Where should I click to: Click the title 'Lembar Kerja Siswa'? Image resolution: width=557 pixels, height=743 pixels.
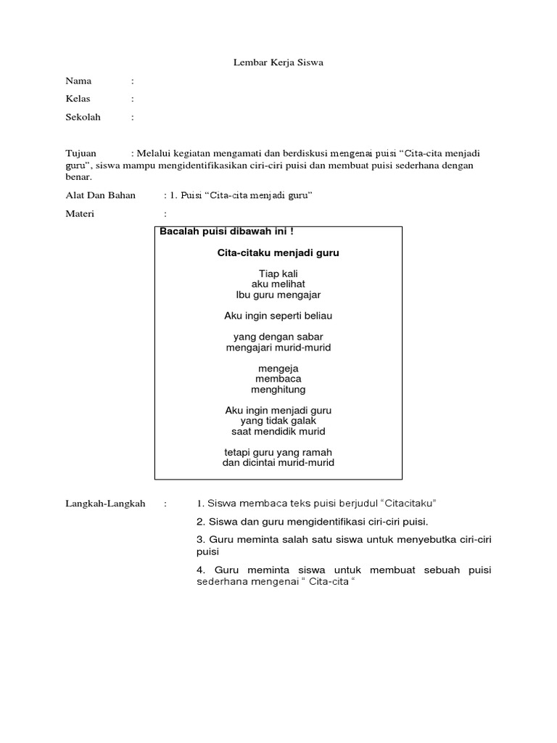coord(278,62)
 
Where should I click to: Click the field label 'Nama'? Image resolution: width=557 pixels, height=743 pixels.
coord(78,81)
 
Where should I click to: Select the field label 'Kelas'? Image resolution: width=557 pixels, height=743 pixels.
coord(78,99)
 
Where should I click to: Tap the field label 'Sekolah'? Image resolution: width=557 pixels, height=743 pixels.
coord(83,117)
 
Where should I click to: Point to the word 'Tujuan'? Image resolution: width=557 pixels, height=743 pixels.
coord(81,153)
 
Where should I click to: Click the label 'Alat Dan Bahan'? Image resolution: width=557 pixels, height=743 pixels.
coord(101,195)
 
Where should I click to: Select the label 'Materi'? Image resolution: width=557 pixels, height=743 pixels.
coord(81,214)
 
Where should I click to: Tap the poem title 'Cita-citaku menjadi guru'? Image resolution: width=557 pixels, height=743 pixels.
coord(278,253)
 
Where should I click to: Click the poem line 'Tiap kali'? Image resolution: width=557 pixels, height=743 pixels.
coord(278,274)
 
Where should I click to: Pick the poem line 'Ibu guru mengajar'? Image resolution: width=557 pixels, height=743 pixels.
coord(278,295)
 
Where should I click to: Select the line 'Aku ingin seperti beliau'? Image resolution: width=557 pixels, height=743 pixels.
coord(278,316)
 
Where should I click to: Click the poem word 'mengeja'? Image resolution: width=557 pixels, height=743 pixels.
coord(278,369)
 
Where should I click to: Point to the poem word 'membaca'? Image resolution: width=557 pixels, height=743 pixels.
coord(278,379)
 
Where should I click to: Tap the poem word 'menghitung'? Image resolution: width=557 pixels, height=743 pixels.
coord(278,390)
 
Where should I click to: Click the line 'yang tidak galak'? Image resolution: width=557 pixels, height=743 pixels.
coord(278,421)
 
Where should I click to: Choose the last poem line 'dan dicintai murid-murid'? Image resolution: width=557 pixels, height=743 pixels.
coord(278,462)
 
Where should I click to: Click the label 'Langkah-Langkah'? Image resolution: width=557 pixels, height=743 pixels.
coord(105,503)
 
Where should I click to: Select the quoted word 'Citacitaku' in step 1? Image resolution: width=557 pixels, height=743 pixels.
coord(410,503)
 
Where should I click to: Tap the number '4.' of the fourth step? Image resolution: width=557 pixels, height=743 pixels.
coord(201,570)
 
